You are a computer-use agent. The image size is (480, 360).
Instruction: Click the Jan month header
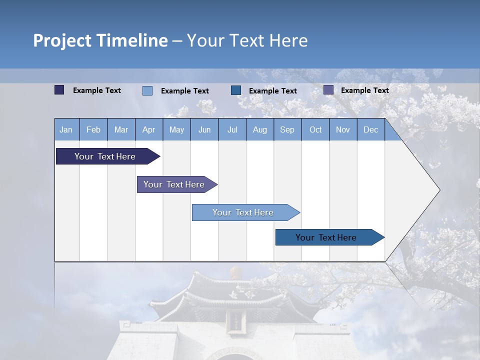point(66,129)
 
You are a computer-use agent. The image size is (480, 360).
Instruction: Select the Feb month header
point(93,129)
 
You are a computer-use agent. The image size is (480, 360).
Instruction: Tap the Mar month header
point(121,129)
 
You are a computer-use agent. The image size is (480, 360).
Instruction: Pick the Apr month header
point(149,129)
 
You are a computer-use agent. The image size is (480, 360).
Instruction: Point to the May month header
point(176,129)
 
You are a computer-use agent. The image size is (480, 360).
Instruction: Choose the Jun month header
point(204,129)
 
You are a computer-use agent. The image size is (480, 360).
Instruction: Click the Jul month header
point(232,129)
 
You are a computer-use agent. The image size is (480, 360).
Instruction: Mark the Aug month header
point(260,129)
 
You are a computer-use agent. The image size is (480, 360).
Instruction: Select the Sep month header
point(287,129)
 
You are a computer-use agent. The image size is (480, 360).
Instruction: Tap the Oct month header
point(315,129)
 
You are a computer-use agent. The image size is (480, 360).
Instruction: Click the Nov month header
point(343,129)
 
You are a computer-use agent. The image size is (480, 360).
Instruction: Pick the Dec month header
point(371,129)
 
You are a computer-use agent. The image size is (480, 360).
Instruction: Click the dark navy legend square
point(59,90)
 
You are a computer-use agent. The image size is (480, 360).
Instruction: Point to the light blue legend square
point(147,90)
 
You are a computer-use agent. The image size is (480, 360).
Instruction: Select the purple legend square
point(328,90)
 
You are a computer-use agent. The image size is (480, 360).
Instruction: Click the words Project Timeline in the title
point(100,40)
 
